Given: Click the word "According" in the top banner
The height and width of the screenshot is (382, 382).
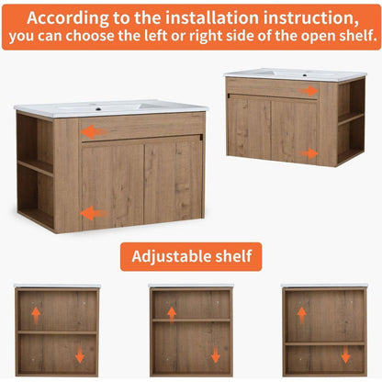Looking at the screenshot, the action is point(67,18).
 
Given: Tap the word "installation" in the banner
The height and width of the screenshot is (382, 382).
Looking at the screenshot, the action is point(212,17).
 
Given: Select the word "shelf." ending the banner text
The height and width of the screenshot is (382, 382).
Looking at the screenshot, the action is point(357,35).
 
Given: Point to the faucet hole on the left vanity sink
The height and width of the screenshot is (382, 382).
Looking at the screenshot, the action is point(98,108).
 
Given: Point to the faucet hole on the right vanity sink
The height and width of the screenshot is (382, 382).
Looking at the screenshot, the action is point(305,75).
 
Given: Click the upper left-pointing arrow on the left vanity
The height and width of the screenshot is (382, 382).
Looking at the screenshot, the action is point(94,132).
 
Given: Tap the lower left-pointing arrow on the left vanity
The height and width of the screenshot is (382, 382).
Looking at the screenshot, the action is point(94,213).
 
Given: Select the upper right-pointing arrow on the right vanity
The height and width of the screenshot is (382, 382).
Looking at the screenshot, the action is point(309,91).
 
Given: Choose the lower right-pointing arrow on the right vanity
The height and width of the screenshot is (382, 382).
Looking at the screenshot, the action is point(309,153).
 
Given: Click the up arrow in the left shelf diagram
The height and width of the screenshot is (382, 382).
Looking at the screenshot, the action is point(36,315).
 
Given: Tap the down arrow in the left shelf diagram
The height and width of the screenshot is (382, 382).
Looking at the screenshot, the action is point(80,354).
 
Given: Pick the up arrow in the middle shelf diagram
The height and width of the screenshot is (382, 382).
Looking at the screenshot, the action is point(172,315).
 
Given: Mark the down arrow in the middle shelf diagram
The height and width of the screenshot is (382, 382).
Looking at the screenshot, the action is point(216,354).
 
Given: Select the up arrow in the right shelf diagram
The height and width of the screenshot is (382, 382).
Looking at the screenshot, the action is point(302,315).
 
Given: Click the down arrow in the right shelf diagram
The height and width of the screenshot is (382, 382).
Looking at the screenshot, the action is point(345,354).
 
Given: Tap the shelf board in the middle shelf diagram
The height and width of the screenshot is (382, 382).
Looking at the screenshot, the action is point(191,320).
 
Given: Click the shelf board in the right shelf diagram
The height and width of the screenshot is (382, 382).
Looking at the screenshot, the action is point(325,343).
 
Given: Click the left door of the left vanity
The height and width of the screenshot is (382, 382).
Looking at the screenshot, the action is point(113,186).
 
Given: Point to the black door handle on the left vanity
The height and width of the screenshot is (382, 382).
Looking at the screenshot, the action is point(201,137).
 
